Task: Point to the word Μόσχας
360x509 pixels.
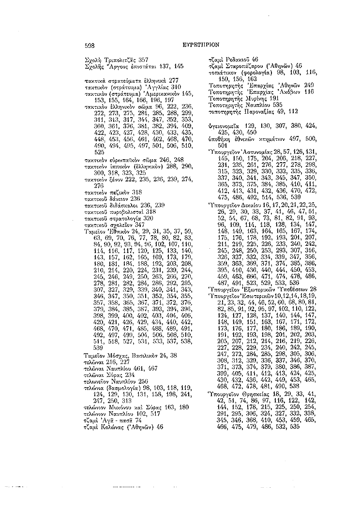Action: pyautogui.click(x=120, y=342)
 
